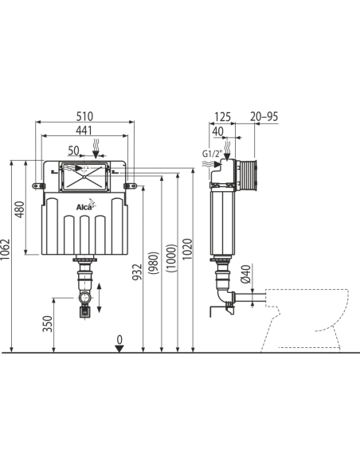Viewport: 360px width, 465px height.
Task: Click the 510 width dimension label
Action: click(x=84, y=116)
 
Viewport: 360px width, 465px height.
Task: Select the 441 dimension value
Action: click(x=84, y=131)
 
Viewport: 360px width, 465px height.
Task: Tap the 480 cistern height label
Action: click(x=20, y=209)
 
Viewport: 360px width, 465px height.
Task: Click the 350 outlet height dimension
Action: click(x=48, y=323)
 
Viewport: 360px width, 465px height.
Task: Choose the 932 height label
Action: click(x=137, y=272)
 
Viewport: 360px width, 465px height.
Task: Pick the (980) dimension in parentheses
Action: click(x=155, y=263)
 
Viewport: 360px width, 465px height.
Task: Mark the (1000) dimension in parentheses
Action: click(x=171, y=258)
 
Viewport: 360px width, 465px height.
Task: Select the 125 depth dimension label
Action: click(x=222, y=116)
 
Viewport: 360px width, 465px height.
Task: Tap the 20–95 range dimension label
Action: click(x=264, y=116)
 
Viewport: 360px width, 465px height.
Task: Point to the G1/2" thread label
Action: click(x=212, y=154)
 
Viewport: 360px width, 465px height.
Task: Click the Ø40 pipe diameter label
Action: click(x=246, y=275)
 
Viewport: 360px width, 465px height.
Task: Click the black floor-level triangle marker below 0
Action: click(x=119, y=349)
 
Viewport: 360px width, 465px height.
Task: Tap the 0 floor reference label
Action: click(x=119, y=339)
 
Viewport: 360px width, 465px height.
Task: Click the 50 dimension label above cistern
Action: click(x=73, y=150)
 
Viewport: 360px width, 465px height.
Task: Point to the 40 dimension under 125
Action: click(x=218, y=131)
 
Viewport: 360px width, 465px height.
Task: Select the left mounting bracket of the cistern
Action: click(x=38, y=186)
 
